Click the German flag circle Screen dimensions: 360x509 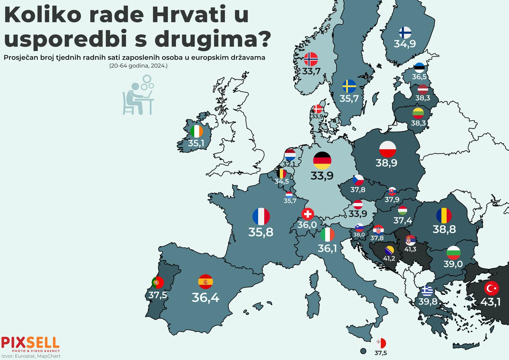(x=322, y=160)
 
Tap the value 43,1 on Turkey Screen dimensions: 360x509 (x=490, y=301)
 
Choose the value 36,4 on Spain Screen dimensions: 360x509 (x=206, y=298)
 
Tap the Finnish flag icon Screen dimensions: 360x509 (x=405, y=32)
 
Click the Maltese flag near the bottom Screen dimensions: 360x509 (x=381, y=343)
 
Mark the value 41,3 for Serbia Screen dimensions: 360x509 (x=410, y=249)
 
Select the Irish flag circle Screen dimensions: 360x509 (x=196, y=131)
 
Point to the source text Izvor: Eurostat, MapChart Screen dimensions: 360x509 (x=31, y=356)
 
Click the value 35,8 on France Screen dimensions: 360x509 (x=261, y=232)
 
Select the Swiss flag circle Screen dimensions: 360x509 (x=307, y=214)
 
